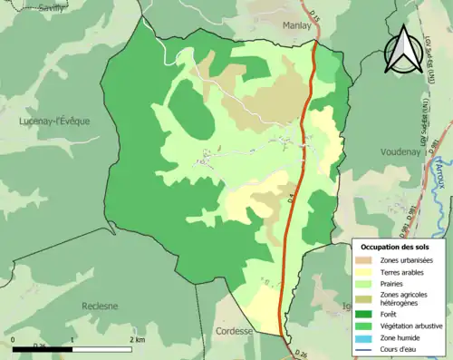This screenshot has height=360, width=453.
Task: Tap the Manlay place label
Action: (296, 26)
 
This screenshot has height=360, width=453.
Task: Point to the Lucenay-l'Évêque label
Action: (54, 121)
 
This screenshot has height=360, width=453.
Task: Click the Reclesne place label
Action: (100, 306)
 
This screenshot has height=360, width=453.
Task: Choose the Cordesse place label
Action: (234, 332)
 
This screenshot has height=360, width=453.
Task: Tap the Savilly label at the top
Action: (25, 5)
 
